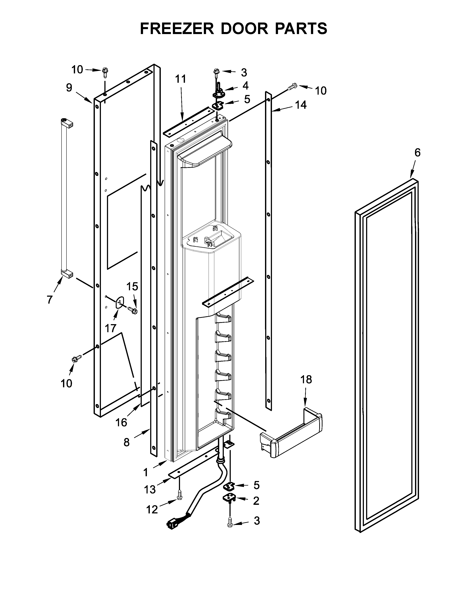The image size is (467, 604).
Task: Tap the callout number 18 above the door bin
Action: point(306,380)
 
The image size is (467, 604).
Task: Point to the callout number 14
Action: point(301,105)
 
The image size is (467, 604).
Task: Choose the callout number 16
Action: point(121,422)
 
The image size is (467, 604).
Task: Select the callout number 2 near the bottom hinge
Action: point(256,501)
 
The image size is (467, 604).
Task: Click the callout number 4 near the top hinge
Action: point(245,86)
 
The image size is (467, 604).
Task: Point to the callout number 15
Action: point(132,286)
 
